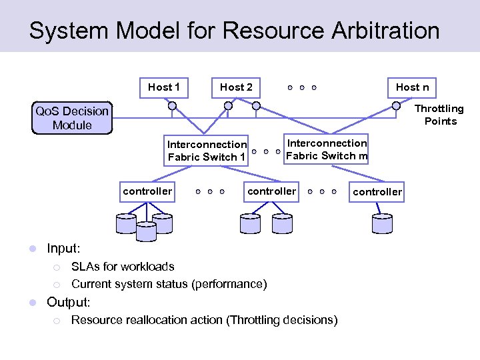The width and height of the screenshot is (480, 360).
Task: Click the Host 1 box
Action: pos(164,87)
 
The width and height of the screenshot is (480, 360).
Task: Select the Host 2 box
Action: pos(236,87)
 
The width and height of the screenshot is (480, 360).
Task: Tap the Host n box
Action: pos(412,87)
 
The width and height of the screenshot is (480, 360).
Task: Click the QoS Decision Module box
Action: pos(72,119)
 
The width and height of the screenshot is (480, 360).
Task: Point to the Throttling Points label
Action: pos(439,115)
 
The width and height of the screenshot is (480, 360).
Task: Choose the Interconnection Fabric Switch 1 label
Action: pos(207,151)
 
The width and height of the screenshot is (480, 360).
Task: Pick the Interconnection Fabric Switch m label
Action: pos(326,149)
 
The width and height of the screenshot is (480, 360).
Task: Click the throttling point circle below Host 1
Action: pos(172,105)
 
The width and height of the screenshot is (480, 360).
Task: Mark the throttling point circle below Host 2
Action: pos(228,105)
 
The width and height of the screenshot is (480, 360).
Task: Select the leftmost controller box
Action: pos(147,191)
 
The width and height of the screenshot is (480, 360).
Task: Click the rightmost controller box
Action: pos(377,192)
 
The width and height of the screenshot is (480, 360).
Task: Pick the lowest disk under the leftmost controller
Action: pos(145,231)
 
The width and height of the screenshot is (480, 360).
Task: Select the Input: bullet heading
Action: pos(63,249)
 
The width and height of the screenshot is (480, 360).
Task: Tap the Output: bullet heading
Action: pos(68,302)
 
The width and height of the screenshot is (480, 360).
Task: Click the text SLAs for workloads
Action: pos(123,267)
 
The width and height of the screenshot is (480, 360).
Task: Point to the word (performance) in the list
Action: pos(229,284)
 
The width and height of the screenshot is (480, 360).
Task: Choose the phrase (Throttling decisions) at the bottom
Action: pos(282,320)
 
